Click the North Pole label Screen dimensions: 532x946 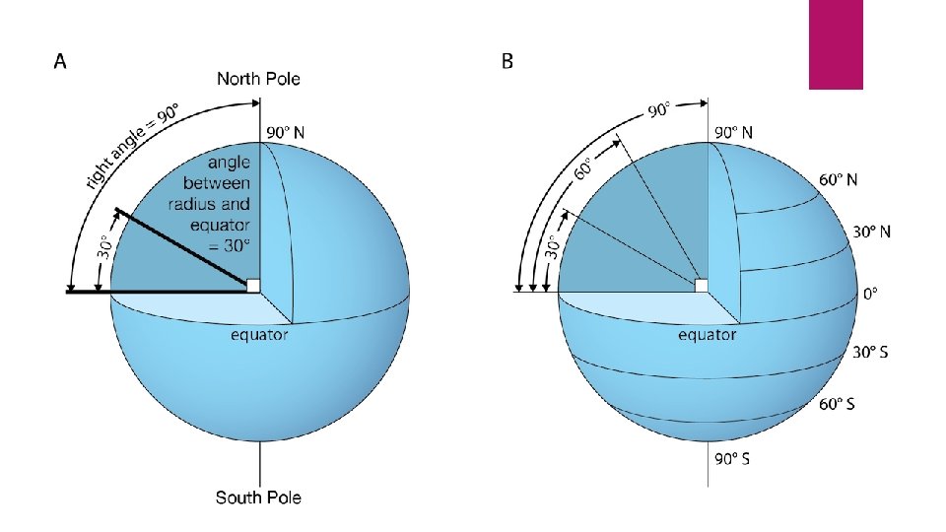tap(258, 78)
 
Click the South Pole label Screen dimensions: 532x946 tap(258, 497)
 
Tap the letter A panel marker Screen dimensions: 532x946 tap(60, 62)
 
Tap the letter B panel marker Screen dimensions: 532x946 tap(507, 62)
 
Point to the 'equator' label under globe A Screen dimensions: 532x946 tap(259, 335)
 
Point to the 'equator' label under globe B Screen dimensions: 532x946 tap(707, 335)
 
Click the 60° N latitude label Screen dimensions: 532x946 tap(839, 180)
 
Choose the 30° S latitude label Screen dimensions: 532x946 tap(869, 352)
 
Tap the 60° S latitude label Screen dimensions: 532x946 tap(837, 404)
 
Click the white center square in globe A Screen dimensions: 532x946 tap(253, 286)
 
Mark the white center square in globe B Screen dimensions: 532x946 tap(701, 286)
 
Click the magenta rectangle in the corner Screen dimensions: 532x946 tap(836, 44)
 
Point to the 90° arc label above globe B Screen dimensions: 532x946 tap(658, 110)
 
